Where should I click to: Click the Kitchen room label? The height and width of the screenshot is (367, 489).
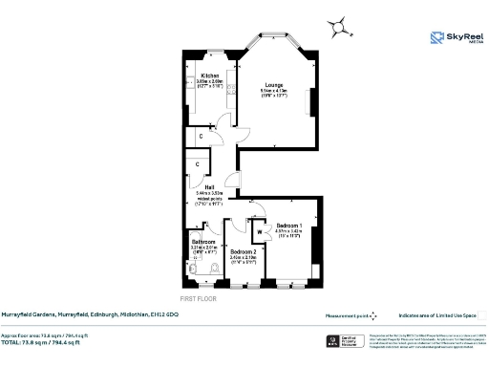tap(210, 75)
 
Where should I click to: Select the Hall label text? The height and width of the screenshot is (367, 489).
tap(207, 186)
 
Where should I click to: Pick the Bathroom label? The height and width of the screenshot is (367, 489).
tap(203, 242)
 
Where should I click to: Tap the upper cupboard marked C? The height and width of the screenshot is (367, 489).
tap(201, 137)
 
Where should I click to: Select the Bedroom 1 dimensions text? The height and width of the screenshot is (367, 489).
tap(288, 232)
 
